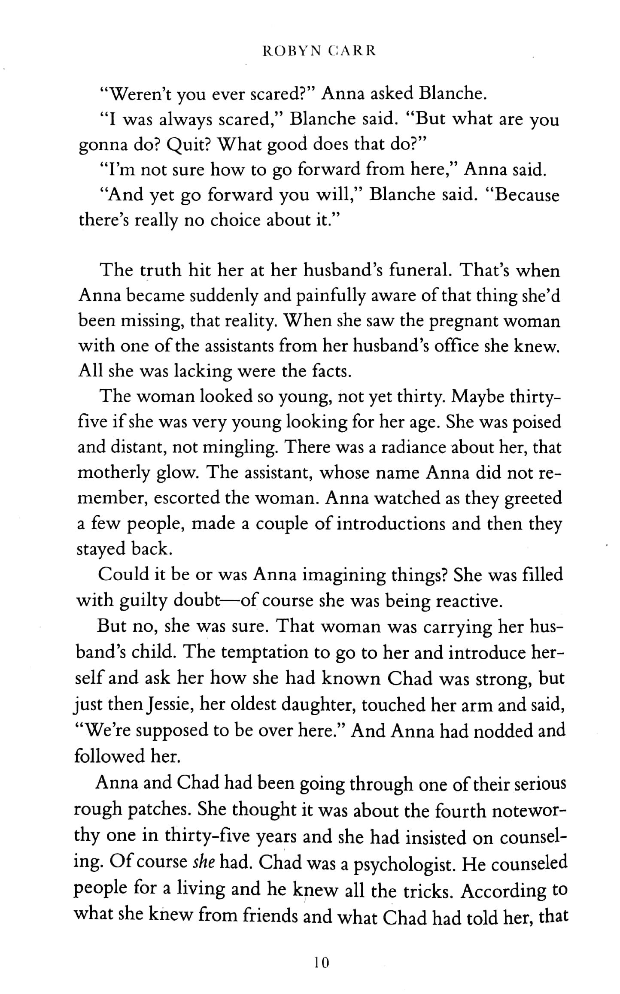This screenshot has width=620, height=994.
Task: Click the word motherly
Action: tap(113, 473)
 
